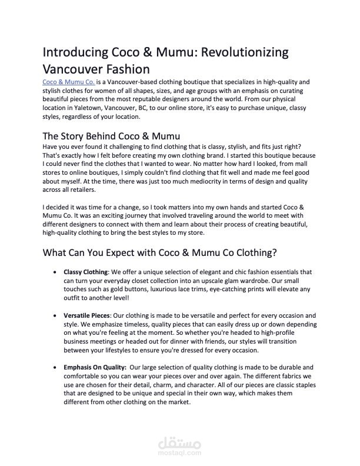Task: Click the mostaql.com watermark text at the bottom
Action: coord(180,454)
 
